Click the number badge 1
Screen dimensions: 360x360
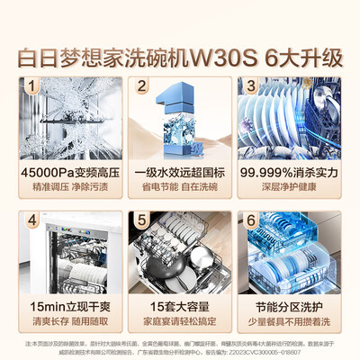33,87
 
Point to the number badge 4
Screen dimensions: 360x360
33,220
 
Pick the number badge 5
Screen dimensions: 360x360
141,220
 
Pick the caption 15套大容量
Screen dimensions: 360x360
181,303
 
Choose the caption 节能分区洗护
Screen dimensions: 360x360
289,303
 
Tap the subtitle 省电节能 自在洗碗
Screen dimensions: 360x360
181,185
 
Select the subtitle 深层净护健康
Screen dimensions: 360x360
289,185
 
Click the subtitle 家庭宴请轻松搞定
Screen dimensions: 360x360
181,319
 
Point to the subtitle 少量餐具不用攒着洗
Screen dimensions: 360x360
289,319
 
